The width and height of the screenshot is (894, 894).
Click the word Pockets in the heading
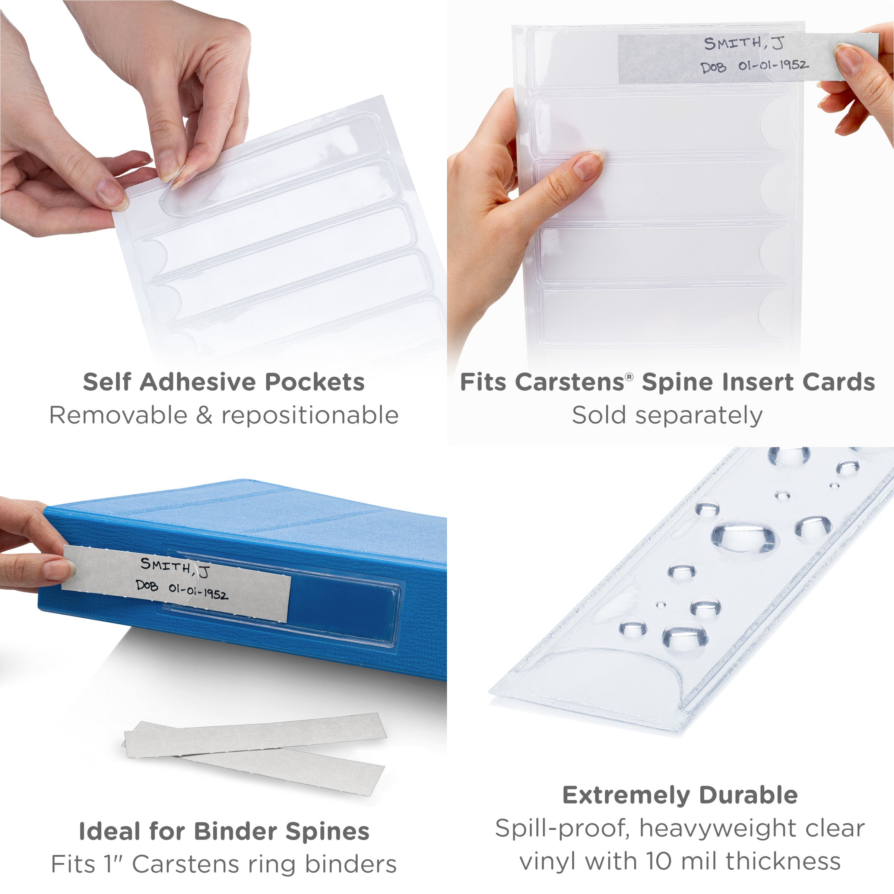pyautogui.click(x=315, y=383)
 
